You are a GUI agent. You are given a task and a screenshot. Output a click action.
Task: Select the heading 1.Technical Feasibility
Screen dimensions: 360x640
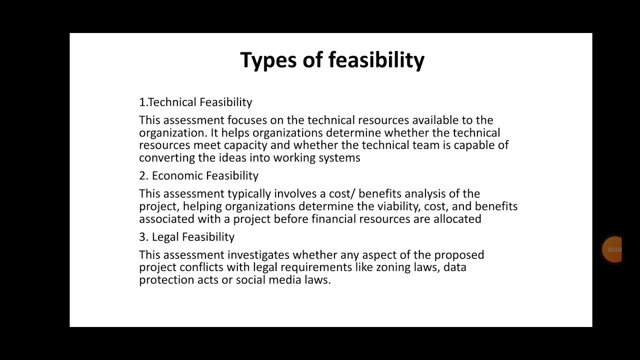[x=195, y=102]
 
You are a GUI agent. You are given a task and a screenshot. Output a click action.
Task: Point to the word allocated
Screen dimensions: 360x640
[x=457, y=219]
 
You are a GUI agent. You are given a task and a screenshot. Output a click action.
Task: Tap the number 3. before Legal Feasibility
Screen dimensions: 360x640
[x=143, y=236]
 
